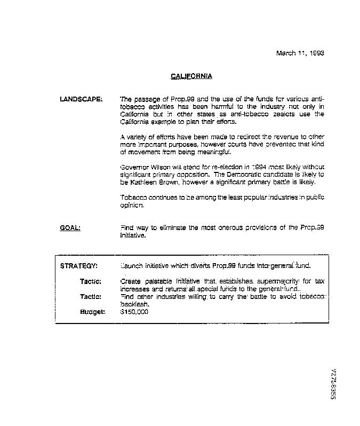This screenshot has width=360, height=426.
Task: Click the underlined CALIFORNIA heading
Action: (x=191, y=76)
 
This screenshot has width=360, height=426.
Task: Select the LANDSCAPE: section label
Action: (x=81, y=99)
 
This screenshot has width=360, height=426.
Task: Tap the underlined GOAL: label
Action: (x=70, y=228)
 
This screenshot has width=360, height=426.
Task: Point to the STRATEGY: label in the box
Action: (x=78, y=266)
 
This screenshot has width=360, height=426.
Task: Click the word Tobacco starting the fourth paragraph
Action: (x=133, y=198)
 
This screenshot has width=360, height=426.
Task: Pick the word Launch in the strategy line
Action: (x=132, y=266)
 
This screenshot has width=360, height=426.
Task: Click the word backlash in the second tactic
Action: (x=134, y=304)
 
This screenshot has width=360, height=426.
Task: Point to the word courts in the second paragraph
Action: (x=254, y=145)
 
